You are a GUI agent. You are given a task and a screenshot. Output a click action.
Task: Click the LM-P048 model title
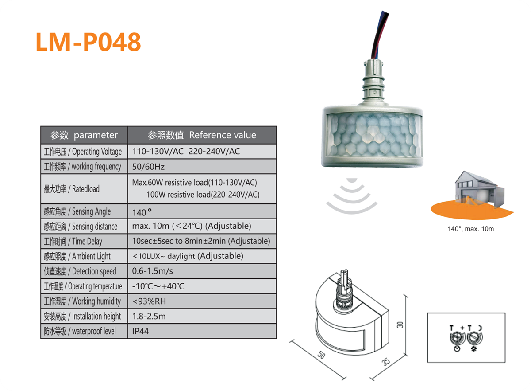pyautogui.click(x=88, y=42)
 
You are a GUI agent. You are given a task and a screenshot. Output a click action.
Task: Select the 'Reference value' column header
pyautogui.click(x=202, y=135)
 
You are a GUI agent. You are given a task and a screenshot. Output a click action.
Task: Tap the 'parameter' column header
pyautogui.click(x=84, y=135)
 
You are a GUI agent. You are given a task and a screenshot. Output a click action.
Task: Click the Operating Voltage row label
pyautogui.click(x=83, y=152)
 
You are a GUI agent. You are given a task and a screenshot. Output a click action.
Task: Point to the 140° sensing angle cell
pyautogui.click(x=142, y=212)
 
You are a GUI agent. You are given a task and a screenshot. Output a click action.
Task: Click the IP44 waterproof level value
pyautogui.click(x=141, y=331)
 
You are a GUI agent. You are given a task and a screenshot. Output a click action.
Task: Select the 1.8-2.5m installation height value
pyautogui.click(x=149, y=316)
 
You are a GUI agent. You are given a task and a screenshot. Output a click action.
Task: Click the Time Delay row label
pyautogui.click(x=73, y=242)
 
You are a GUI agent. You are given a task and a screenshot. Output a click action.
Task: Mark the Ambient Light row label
pyautogui.click(x=77, y=257)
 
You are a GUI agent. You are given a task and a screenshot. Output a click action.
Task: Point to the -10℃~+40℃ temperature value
pyautogui.click(x=158, y=286)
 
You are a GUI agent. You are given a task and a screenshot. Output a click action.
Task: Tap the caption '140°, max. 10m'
pyautogui.click(x=470, y=229)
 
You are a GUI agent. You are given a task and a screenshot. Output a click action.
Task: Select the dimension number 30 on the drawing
pyautogui.click(x=400, y=324)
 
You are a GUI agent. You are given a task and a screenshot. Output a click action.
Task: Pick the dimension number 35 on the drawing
pyautogui.click(x=386, y=362)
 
